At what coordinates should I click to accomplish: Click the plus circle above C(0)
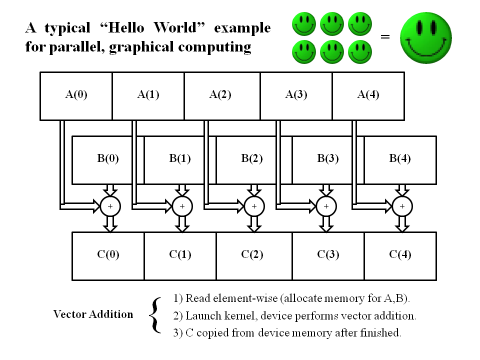click(x=110, y=205)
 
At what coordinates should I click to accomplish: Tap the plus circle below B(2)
click(x=254, y=205)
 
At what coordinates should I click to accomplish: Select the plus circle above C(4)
click(x=402, y=205)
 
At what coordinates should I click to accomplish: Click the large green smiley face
click(x=426, y=37)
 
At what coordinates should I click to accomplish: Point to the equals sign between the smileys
click(x=385, y=37)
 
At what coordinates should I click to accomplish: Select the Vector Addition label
click(x=93, y=314)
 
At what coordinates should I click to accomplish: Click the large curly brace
click(x=155, y=315)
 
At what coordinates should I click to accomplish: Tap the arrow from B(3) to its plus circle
click(x=326, y=190)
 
